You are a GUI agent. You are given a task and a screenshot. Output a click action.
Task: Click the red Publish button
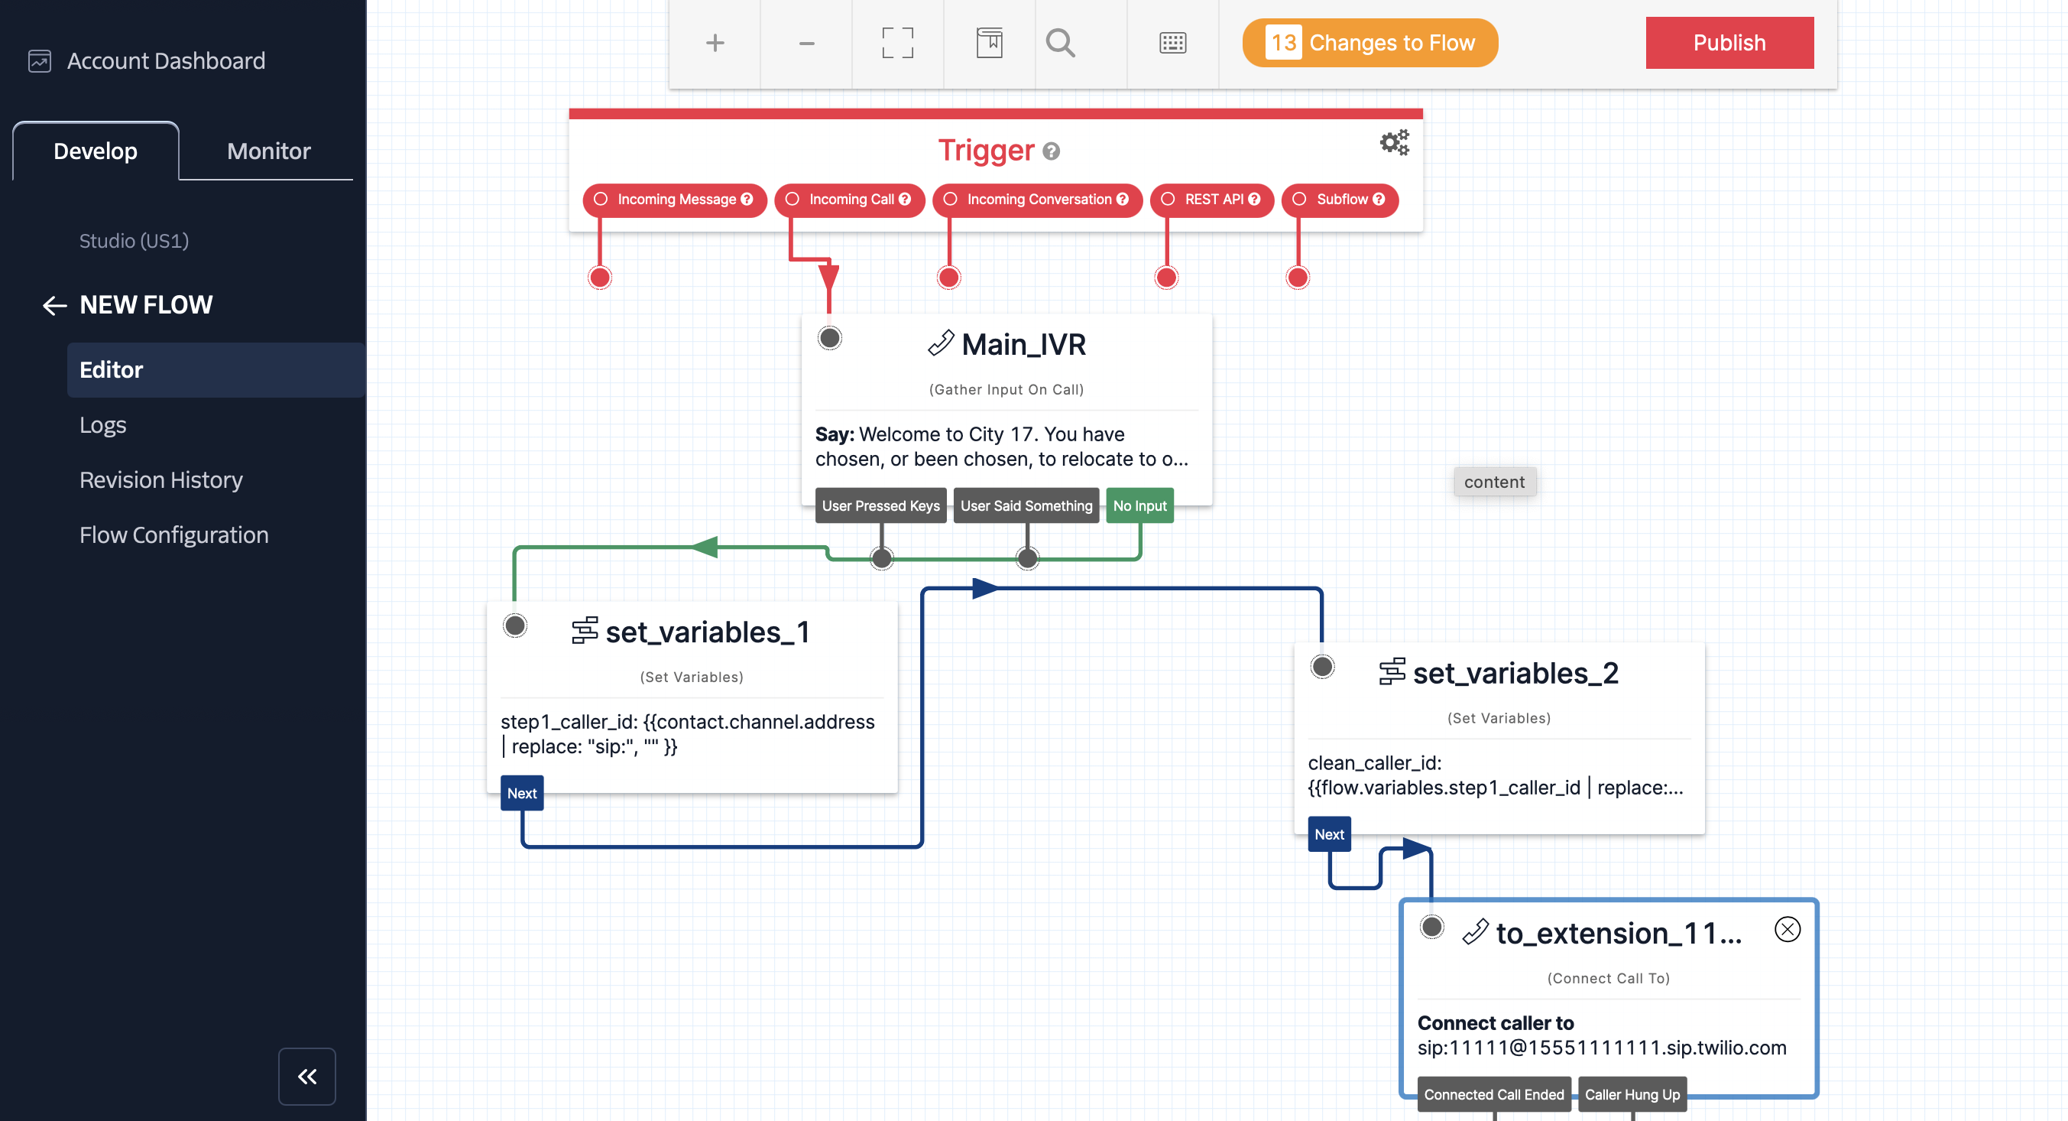pos(1729,43)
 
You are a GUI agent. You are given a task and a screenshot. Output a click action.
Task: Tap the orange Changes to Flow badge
pos(1369,43)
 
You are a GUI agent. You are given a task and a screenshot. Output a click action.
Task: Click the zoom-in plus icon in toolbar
pos(715,43)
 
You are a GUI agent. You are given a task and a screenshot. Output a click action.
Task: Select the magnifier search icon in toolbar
pos(1060,43)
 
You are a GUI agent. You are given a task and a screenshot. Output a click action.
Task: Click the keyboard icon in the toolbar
pos(1172,43)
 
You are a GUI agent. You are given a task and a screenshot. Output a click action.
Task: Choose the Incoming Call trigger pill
pos(849,199)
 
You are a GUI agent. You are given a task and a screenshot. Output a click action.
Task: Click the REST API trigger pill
pos(1212,199)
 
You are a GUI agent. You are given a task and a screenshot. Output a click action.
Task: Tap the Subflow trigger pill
pos(1340,199)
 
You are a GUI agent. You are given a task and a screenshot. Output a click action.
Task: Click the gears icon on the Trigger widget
pos(1395,142)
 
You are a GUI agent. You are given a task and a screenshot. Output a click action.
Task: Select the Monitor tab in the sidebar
pos(268,151)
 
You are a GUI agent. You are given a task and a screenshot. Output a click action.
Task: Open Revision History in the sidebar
pos(160,479)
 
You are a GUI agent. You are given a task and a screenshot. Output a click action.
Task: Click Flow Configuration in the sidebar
pos(173,535)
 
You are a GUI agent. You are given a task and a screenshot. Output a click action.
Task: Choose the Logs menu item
pos(102,425)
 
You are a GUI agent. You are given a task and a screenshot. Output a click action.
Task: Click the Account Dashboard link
pos(165,61)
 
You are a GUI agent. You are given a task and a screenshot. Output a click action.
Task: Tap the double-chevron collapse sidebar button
pos(306,1076)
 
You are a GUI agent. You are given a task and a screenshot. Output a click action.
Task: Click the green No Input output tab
pos(1139,506)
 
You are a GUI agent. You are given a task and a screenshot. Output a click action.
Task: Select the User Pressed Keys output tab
pos(880,506)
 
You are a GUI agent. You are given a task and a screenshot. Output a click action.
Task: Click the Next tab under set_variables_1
pos(522,794)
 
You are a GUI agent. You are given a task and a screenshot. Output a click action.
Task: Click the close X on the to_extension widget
pos(1787,929)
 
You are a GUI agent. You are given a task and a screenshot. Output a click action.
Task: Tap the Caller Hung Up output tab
pos(1632,1094)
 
